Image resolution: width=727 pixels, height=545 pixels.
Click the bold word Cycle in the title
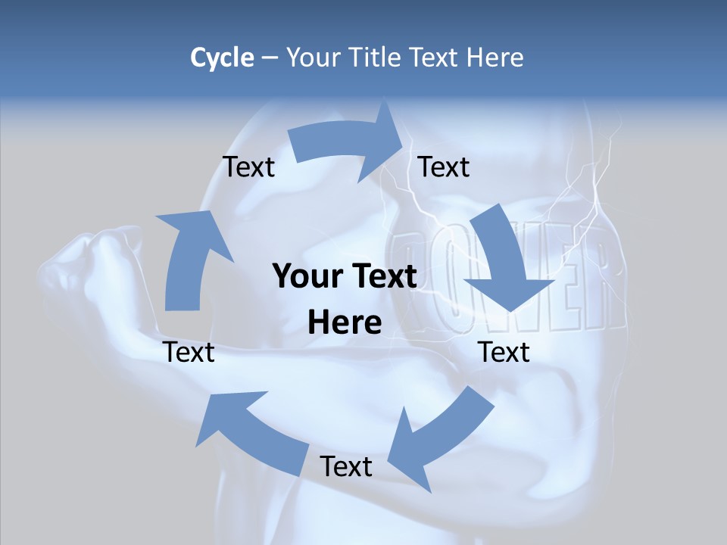click(x=222, y=58)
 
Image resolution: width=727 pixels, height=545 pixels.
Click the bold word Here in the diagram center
click(x=345, y=322)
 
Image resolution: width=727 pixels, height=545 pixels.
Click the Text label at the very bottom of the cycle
click(x=346, y=466)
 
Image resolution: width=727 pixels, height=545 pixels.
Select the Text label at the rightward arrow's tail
click(x=248, y=167)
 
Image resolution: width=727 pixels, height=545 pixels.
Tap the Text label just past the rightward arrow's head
click(x=444, y=167)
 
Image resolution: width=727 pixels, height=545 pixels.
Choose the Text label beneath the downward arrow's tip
click(x=504, y=352)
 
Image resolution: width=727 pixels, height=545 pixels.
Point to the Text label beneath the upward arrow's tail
click(x=189, y=352)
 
